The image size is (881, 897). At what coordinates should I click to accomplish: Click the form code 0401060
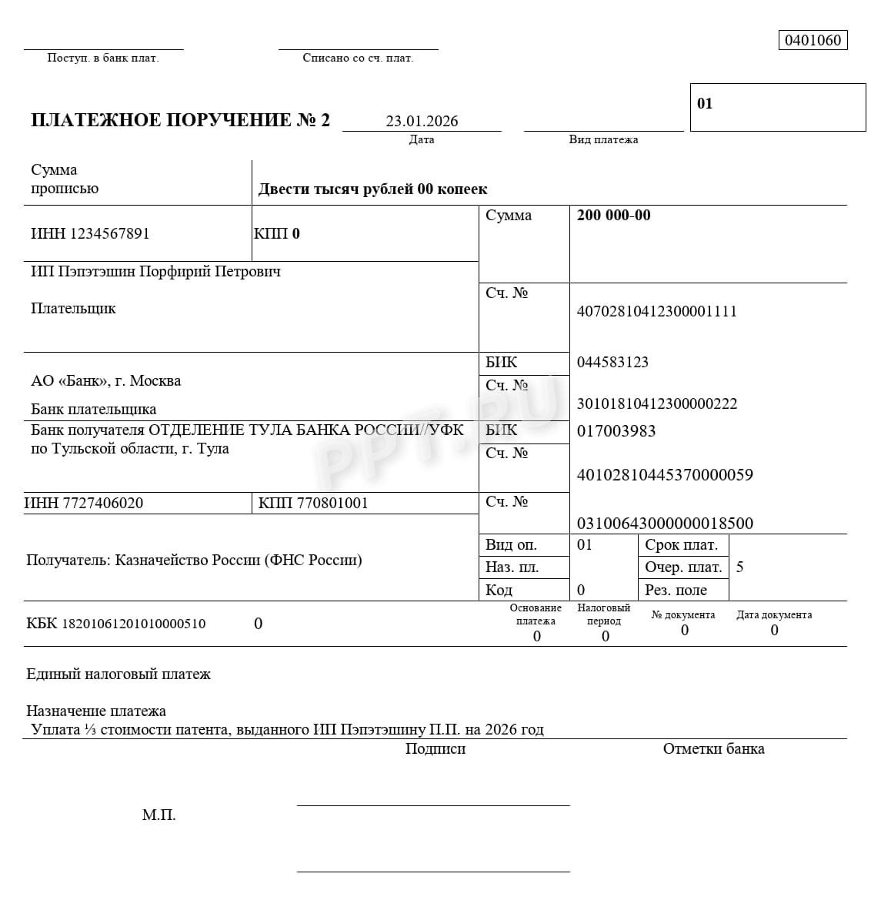click(813, 40)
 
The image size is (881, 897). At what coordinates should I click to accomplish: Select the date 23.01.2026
click(422, 121)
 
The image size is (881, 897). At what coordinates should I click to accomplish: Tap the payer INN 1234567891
click(90, 233)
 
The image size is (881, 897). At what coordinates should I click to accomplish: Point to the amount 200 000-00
click(613, 216)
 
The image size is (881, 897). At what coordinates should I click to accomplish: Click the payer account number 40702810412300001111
click(656, 311)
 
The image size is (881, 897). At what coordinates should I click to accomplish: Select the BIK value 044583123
click(612, 362)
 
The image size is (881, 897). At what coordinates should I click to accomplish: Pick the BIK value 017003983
click(616, 431)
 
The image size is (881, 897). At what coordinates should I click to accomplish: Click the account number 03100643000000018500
click(665, 524)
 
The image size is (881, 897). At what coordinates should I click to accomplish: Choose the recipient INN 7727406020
click(84, 504)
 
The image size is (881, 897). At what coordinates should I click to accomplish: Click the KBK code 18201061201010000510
click(116, 624)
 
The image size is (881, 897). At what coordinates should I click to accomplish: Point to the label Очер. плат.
click(683, 567)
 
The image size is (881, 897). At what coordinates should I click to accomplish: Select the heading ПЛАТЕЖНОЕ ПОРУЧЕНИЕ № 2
click(180, 120)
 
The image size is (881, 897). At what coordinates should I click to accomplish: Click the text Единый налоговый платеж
click(118, 674)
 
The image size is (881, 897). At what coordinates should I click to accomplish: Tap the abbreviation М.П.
click(159, 815)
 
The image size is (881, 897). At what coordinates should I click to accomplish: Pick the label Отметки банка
click(713, 748)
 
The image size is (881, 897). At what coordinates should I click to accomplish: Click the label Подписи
click(435, 748)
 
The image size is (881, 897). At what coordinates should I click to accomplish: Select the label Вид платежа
click(603, 139)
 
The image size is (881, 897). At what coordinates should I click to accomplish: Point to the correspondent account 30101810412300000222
click(656, 403)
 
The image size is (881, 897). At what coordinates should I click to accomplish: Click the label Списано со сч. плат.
click(358, 58)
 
